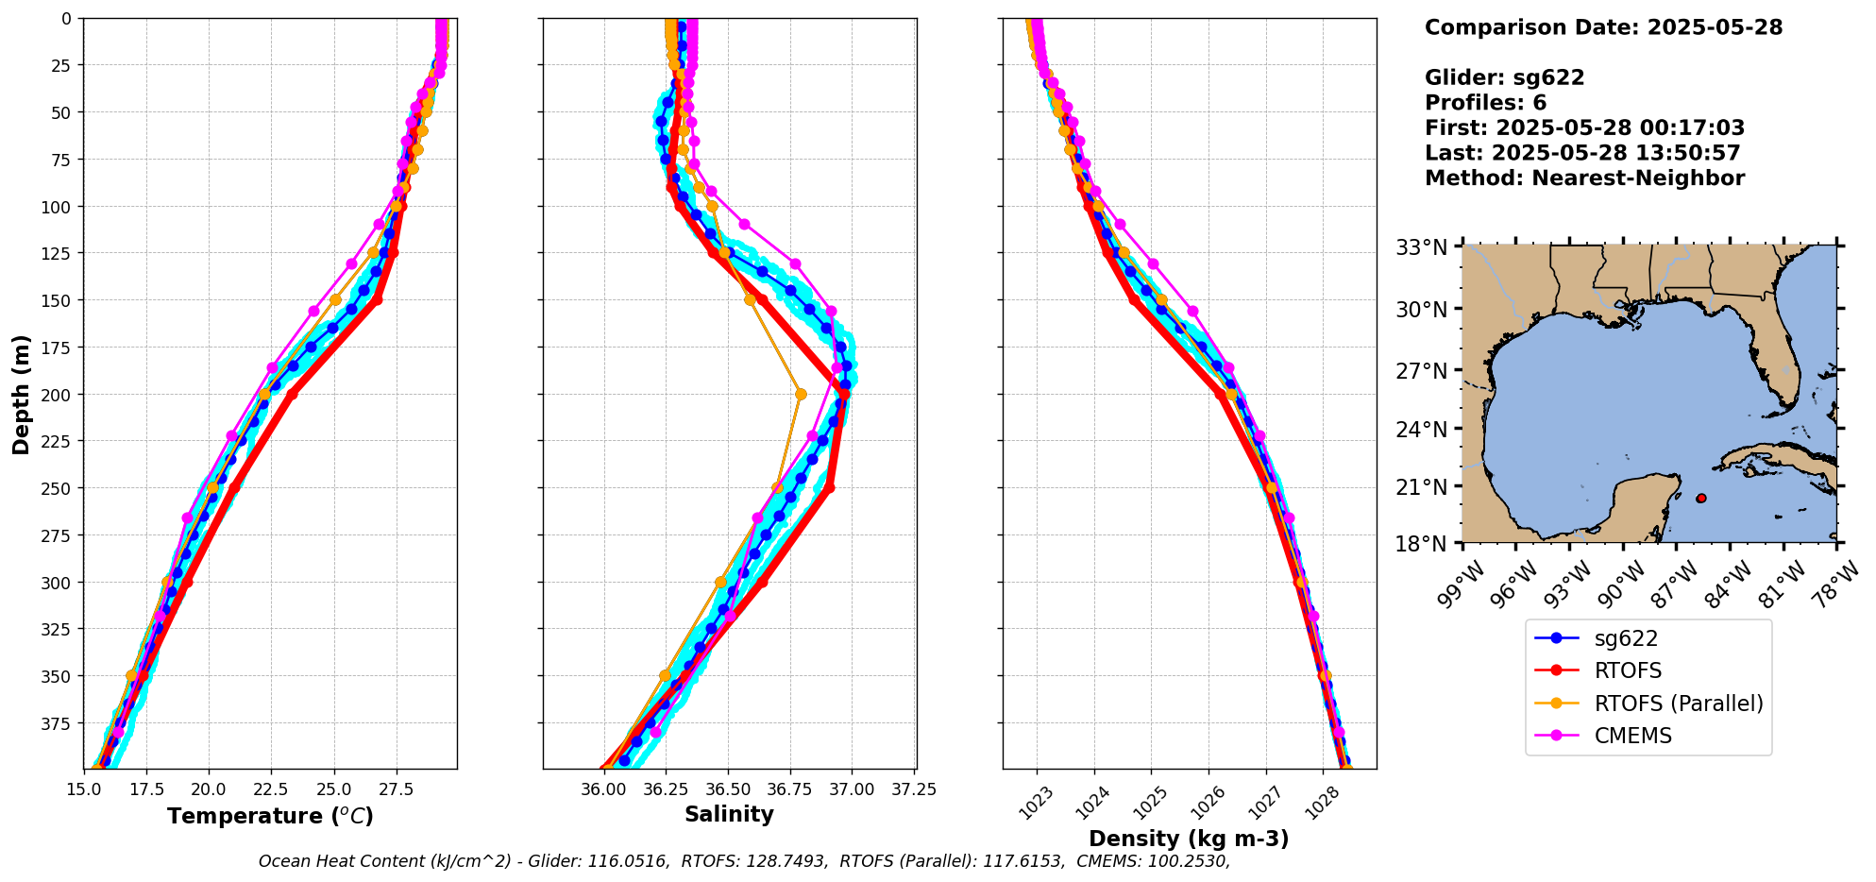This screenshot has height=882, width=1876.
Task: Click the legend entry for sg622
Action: coord(1625,638)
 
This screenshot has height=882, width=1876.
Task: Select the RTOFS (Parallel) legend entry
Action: coord(1678,704)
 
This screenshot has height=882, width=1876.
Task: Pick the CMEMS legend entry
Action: coord(1632,736)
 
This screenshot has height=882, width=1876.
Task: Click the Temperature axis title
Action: coord(270,816)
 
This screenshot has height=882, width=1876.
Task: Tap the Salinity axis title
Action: coord(729,814)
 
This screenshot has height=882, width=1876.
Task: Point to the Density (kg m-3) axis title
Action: coord(1189,838)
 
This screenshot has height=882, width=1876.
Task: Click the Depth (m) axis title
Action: coord(21,394)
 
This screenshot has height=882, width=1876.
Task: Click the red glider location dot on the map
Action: coord(1700,498)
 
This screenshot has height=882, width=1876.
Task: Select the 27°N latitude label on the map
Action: coord(1421,370)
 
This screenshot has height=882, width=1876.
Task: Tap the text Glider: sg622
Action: coord(1504,77)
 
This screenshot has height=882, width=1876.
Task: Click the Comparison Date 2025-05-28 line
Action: coord(1603,27)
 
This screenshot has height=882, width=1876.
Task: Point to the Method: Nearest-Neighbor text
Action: coord(1584,178)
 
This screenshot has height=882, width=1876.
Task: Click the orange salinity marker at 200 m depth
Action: coord(801,394)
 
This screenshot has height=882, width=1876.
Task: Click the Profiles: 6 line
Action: coord(1485,103)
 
